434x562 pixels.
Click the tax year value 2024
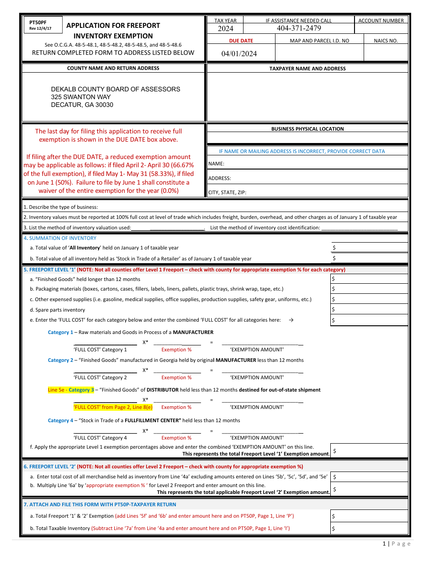225,28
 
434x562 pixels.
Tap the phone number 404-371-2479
299,28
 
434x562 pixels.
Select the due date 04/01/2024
239,53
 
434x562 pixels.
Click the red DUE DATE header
241,41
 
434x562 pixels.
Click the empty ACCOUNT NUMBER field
381,28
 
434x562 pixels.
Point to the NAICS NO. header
386,41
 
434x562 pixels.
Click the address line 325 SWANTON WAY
81,97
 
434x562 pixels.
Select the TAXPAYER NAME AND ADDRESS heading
307,69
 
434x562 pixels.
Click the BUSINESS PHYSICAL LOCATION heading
307,129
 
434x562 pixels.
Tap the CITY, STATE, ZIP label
227,192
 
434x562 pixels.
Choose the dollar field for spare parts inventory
369,310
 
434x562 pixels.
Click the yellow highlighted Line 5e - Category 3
71,390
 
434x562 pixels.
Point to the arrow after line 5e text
291,320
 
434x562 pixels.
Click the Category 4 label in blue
60,420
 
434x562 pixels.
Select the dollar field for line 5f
369,451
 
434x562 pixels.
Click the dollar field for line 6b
369,489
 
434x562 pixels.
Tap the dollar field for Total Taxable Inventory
369,529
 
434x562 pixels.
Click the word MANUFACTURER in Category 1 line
193,332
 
